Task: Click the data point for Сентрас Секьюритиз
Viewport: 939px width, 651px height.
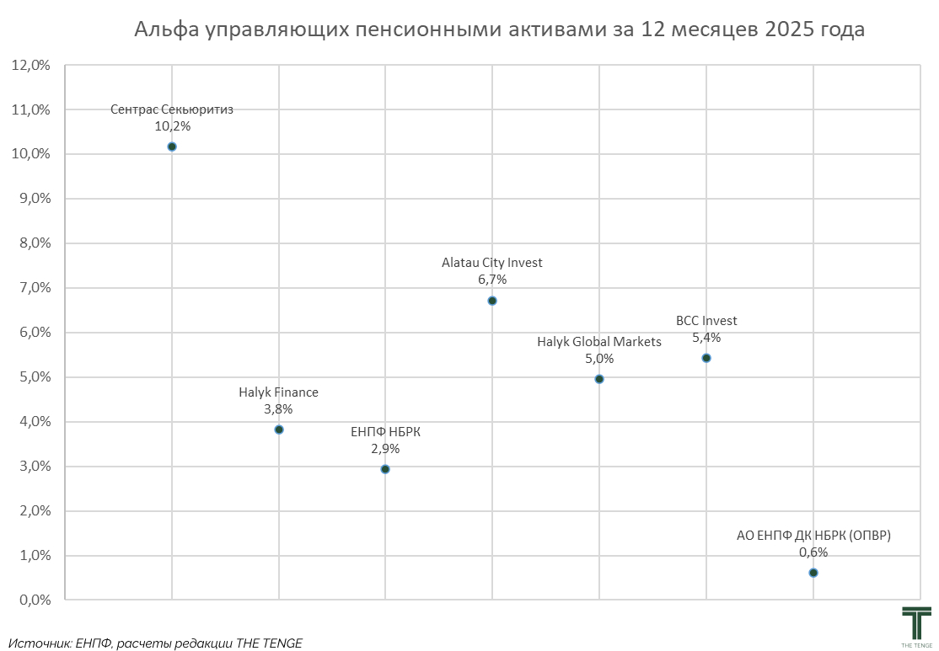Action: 172,147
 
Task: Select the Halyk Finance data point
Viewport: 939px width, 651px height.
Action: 279,430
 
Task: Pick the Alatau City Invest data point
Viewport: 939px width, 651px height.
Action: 492,301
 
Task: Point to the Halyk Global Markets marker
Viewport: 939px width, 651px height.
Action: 599,379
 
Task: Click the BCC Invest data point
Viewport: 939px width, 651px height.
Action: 706,358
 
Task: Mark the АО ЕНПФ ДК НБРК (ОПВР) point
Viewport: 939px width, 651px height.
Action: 813,573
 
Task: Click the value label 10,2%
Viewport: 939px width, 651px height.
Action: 172,126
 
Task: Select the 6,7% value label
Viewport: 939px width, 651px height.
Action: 492,280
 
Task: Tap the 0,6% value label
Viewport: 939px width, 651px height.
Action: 813,552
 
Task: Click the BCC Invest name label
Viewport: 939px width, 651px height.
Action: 706,321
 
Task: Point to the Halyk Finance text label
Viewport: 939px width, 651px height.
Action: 279,392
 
